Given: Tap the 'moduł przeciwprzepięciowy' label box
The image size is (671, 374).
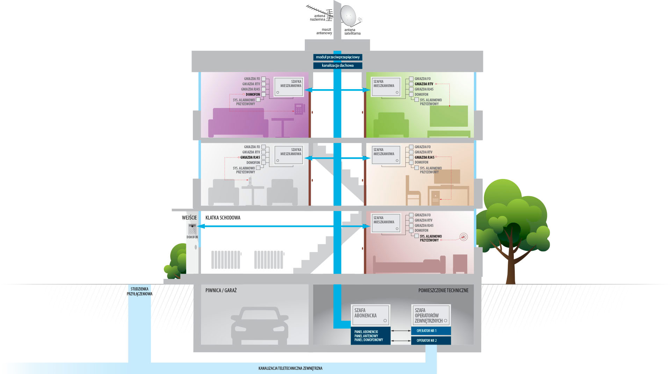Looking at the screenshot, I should click(x=338, y=57).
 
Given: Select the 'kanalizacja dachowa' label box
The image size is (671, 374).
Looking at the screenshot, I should click(x=338, y=66).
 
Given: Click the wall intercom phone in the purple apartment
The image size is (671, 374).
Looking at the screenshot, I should click(x=299, y=109).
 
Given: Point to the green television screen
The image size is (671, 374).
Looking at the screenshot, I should click(x=449, y=116).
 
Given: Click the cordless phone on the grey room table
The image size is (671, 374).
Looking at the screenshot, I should click(x=250, y=182).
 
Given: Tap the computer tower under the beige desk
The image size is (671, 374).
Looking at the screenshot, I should click(x=435, y=198).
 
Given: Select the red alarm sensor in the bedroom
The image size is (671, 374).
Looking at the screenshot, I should click(x=463, y=237).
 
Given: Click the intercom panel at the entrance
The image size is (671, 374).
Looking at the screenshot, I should click(x=192, y=229).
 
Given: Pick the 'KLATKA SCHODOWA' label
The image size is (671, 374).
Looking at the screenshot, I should click(x=223, y=218).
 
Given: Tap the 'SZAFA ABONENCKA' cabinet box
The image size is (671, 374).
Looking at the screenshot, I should click(x=370, y=315).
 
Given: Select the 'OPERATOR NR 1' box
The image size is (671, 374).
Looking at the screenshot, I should click(x=431, y=331).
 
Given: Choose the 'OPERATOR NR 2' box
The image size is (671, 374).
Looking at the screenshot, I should click(x=431, y=340).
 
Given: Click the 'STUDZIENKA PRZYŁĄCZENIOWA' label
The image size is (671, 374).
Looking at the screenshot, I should click(x=139, y=292).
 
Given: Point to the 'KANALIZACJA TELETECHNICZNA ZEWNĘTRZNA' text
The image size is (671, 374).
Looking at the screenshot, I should click(x=290, y=368).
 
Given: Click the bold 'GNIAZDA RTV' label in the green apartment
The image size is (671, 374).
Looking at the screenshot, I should click(x=424, y=84).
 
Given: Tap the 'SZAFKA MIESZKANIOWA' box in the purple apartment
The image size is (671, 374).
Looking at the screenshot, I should click(x=289, y=87).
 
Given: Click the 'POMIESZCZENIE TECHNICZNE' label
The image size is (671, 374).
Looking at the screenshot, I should click(x=443, y=290).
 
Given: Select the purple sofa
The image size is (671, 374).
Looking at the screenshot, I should click(x=238, y=123).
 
